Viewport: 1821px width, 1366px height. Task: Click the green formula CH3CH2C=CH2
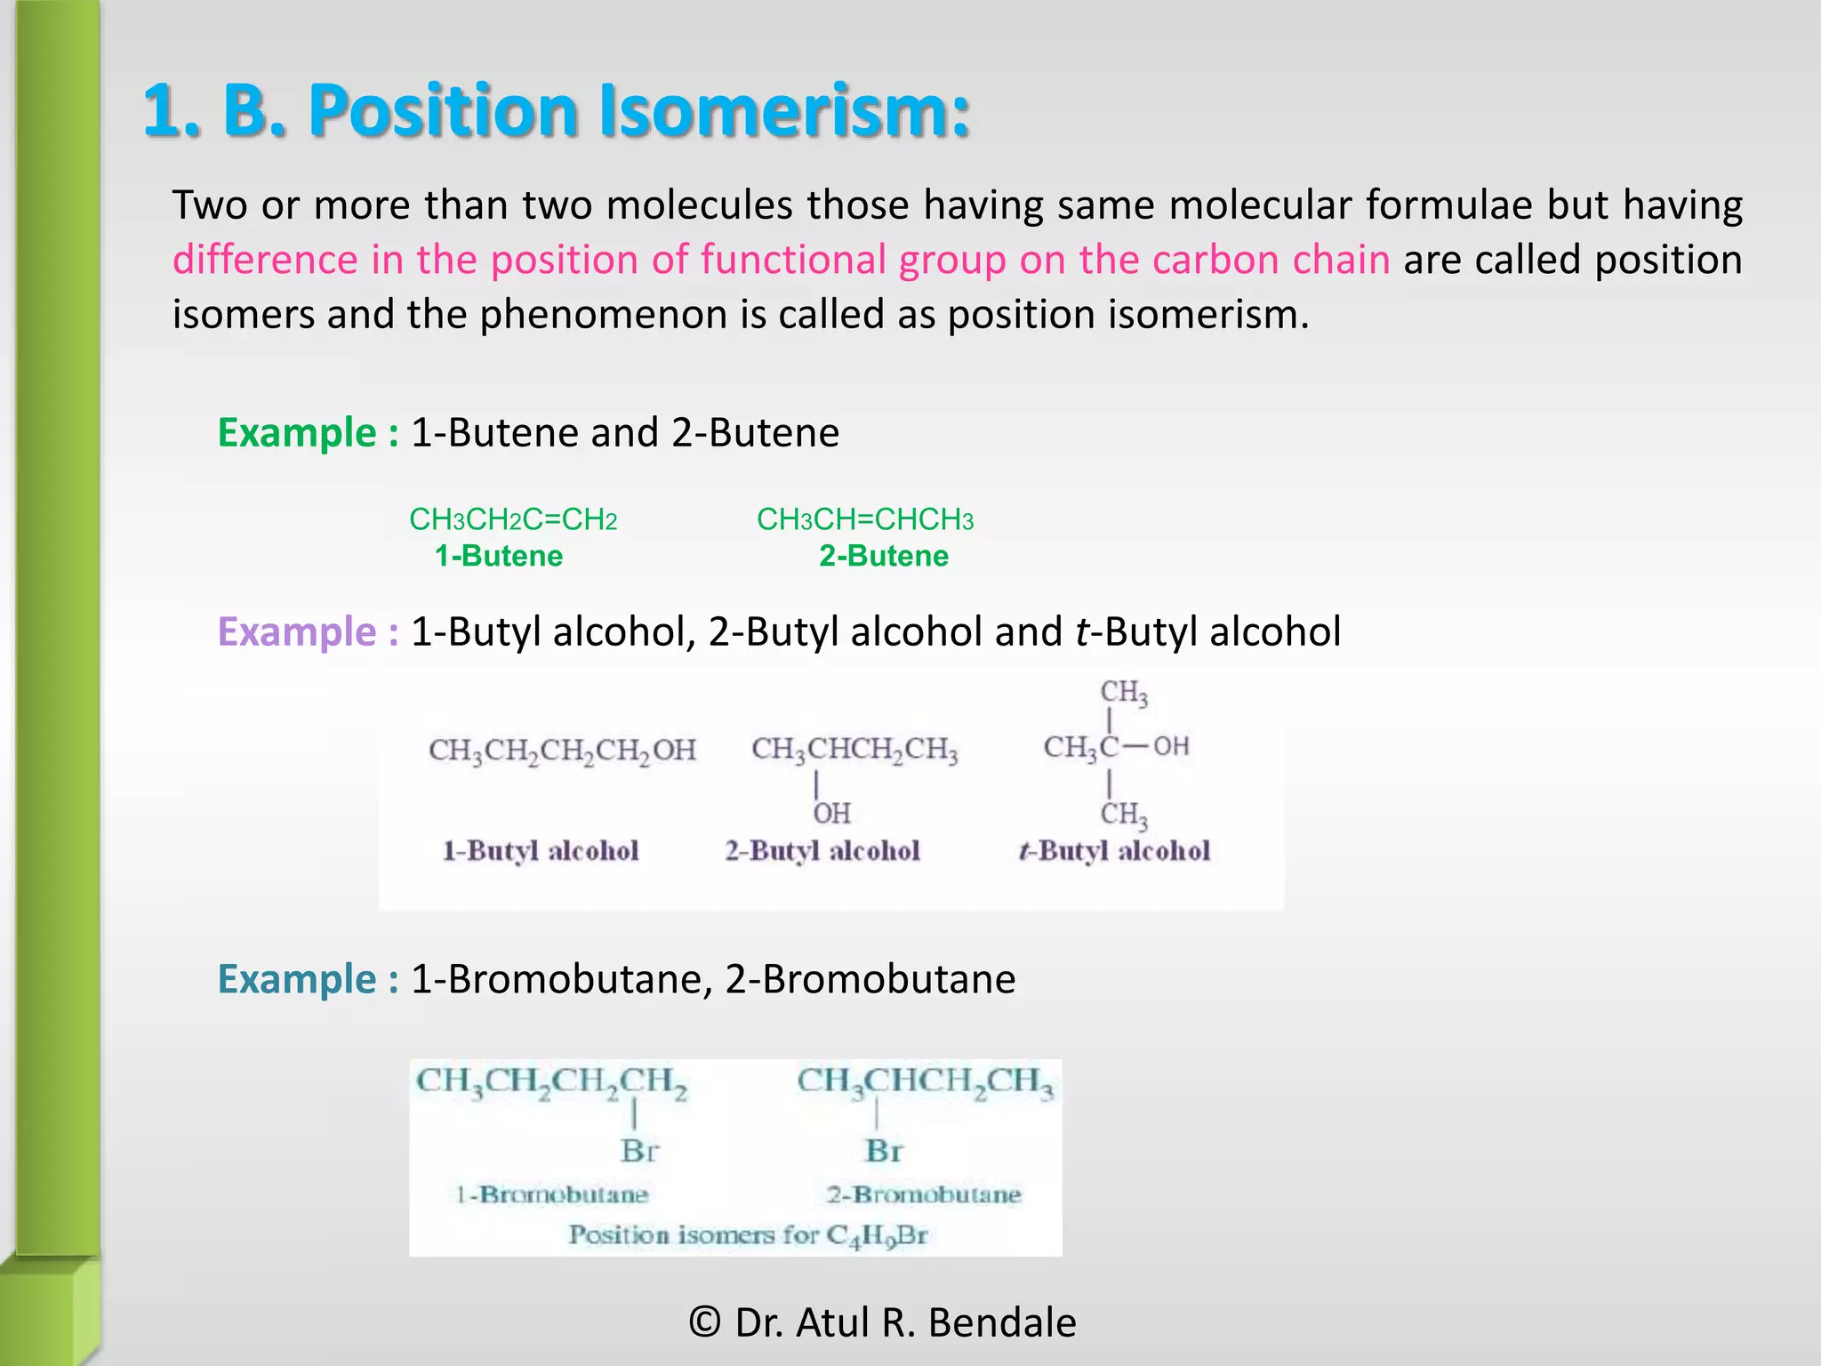coord(513,519)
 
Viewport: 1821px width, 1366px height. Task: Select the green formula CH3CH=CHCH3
coord(864,519)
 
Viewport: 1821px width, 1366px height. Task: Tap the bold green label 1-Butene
coord(499,556)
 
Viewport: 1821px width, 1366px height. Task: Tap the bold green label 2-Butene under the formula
coord(884,556)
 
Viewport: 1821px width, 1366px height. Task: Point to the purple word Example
coord(298,631)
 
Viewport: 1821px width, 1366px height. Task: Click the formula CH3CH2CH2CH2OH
coord(562,750)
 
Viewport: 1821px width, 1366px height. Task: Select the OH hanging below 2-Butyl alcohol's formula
coord(832,813)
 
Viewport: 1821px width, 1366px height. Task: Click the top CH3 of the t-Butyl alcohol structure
coord(1123,692)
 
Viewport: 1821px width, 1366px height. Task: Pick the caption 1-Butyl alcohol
coord(541,851)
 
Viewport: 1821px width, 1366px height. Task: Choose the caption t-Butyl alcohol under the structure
coord(1114,851)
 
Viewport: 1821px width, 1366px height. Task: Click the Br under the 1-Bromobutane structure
coord(639,1151)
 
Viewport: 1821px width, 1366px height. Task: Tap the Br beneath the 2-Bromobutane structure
coord(884,1151)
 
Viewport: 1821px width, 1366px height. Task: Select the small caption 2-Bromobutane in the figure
coord(923,1194)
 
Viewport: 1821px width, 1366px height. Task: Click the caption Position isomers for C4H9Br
coord(748,1235)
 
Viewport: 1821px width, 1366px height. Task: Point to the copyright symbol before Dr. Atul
coord(704,1322)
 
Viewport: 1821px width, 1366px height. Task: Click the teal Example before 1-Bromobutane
coord(298,979)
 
